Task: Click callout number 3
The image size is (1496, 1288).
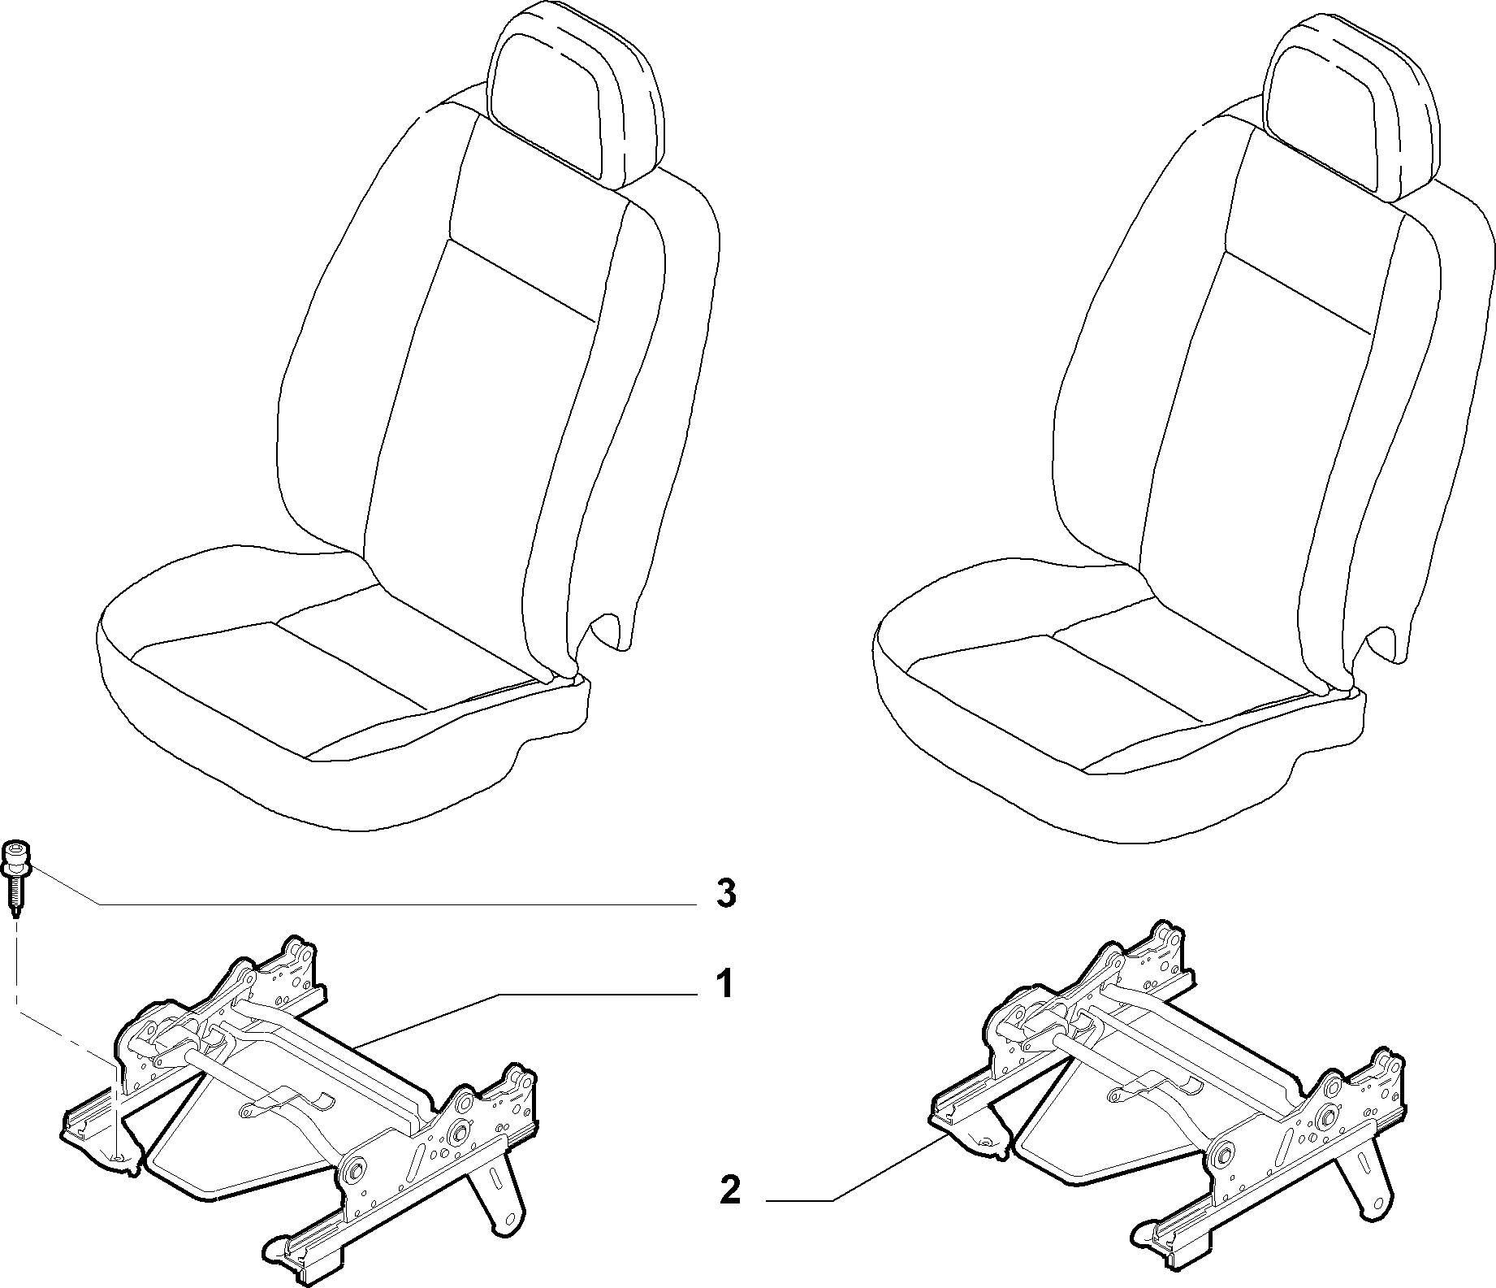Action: coord(725,894)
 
